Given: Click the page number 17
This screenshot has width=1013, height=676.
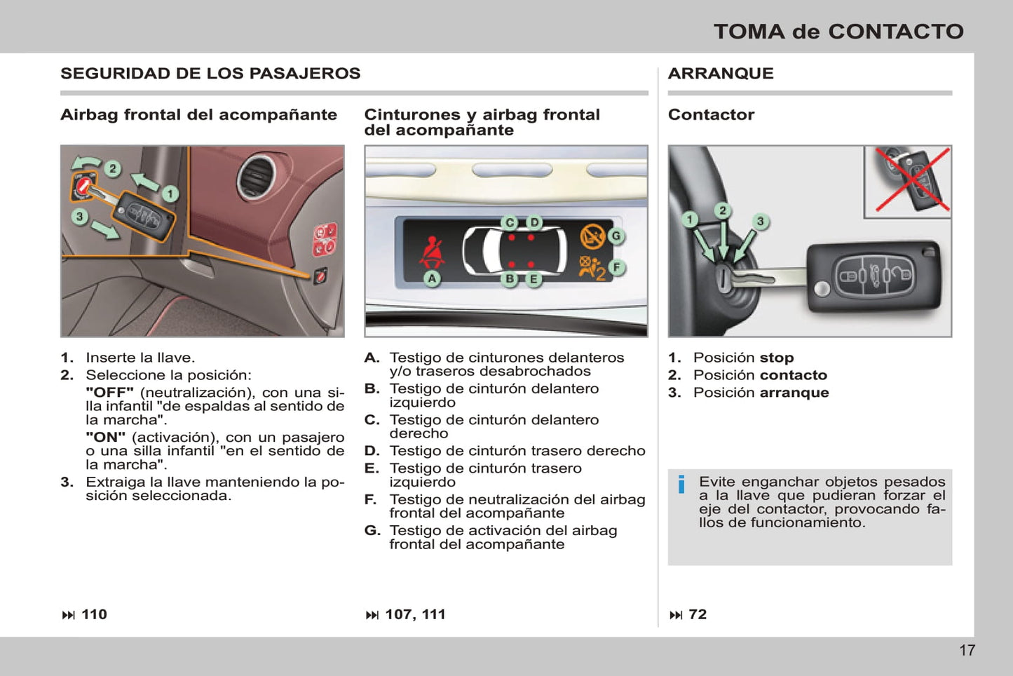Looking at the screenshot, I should pyautogui.click(x=967, y=650).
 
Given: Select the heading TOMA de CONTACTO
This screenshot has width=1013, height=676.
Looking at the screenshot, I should pyautogui.click(x=838, y=32).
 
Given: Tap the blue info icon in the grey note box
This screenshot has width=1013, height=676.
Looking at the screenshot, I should pyautogui.click(x=681, y=485).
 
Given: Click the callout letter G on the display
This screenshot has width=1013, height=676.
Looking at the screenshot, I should pyautogui.click(x=616, y=236).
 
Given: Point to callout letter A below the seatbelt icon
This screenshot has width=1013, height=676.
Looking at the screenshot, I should pyautogui.click(x=433, y=278).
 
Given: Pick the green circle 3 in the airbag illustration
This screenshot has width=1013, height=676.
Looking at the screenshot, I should pyautogui.click(x=80, y=217).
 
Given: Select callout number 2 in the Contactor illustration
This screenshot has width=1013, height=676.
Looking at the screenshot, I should pyautogui.click(x=723, y=210).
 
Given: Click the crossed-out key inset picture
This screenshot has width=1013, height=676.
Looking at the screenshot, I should pyautogui.click(x=908, y=182).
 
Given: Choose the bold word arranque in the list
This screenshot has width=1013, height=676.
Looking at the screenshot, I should pyautogui.click(x=794, y=393).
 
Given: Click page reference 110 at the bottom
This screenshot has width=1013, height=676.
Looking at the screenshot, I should pyautogui.click(x=94, y=614).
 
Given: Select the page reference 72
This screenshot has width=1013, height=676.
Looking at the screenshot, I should pyautogui.click(x=698, y=614).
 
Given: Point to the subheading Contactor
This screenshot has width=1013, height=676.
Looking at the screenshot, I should pyautogui.click(x=711, y=114).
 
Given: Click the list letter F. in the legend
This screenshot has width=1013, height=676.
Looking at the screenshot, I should pyautogui.click(x=371, y=499).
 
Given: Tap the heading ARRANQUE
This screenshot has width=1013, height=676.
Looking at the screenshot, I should pyautogui.click(x=721, y=73).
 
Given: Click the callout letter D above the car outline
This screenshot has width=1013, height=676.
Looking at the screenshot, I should pyautogui.click(x=534, y=223).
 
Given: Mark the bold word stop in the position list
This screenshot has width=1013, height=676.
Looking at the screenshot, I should pyautogui.click(x=777, y=358).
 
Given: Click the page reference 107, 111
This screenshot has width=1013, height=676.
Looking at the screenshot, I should pyautogui.click(x=415, y=614).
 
